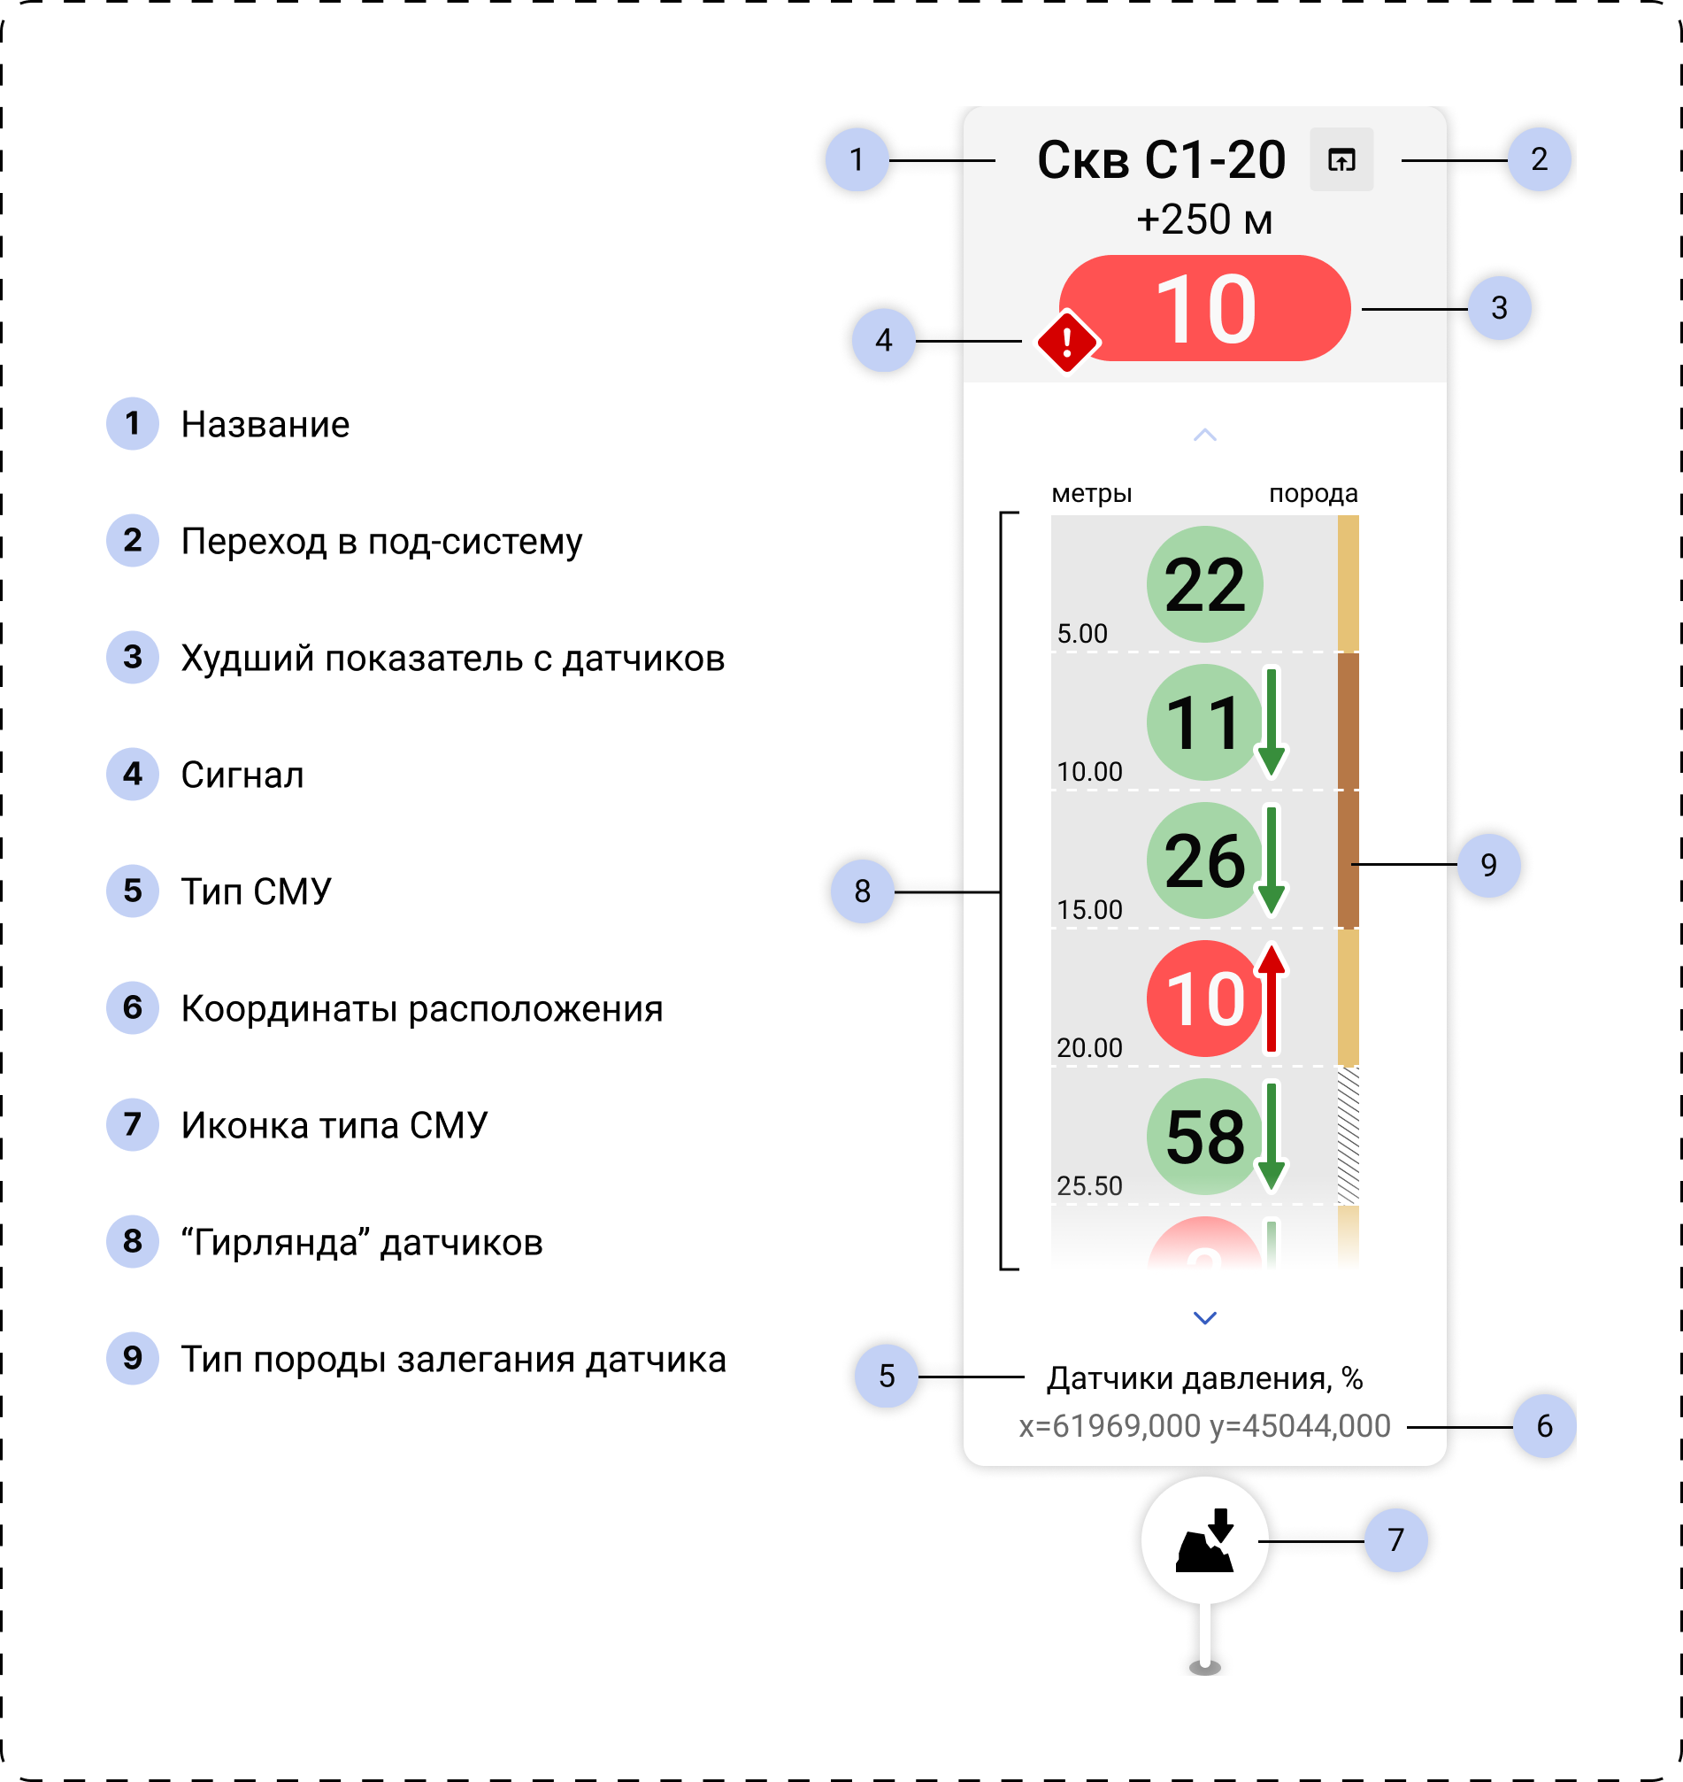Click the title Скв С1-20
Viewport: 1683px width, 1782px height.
point(1161,160)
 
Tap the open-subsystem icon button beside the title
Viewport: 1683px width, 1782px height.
point(1341,159)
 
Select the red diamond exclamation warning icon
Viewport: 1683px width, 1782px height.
point(1066,341)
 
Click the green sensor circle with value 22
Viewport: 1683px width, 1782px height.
point(1204,584)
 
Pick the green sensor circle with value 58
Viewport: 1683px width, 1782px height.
point(1204,1137)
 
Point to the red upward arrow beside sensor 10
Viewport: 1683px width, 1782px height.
point(1272,998)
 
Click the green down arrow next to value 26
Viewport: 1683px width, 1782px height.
point(1272,860)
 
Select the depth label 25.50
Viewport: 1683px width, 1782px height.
point(1089,1185)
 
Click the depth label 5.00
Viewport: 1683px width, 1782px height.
point(1082,634)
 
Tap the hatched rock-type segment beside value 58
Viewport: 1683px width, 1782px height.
point(1348,1135)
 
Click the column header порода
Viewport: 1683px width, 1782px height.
point(1312,493)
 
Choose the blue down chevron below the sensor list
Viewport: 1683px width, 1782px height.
point(1205,1317)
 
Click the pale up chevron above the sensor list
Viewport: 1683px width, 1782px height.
point(1205,436)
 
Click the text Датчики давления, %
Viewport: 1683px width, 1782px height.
point(1204,1377)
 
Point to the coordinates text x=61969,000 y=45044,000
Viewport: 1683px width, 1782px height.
point(1204,1426)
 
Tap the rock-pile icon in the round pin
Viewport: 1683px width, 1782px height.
point(1205,1540)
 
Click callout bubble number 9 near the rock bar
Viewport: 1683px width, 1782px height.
point(1488,864)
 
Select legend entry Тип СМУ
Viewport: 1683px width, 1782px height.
point(256,891)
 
